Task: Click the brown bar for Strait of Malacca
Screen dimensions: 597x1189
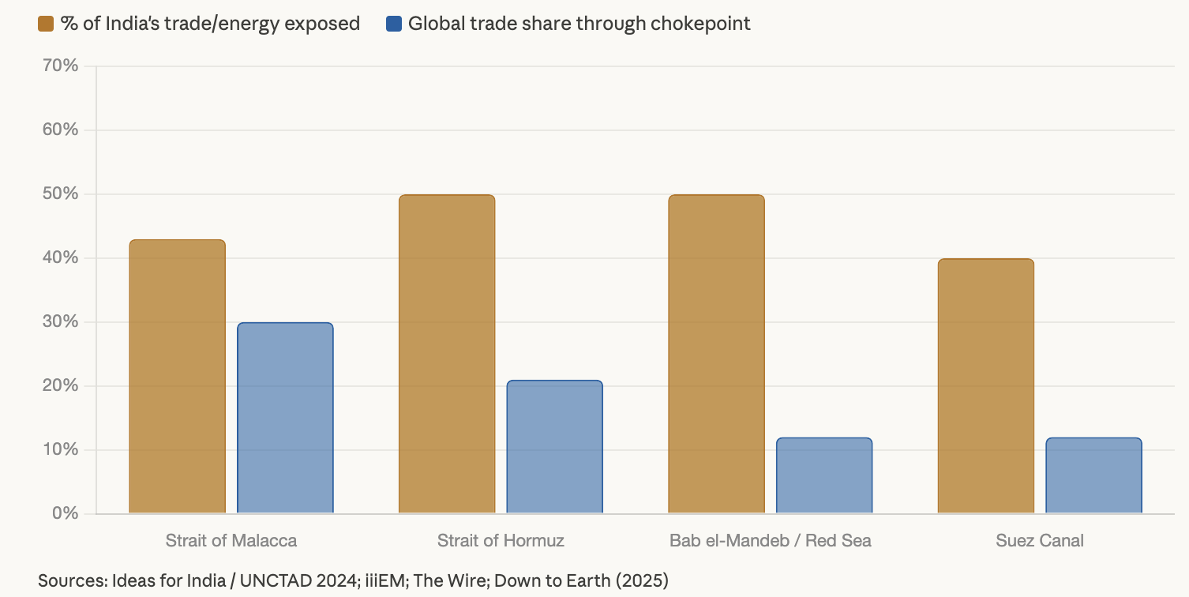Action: pyautogui.click(x=177, y=377)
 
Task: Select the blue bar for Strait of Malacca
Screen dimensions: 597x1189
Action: pyautogui.click(x=285, y=418)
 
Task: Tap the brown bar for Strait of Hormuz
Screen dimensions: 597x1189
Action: pyautogui.click(x=447, y=354)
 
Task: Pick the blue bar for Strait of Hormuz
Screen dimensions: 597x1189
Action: pyautogui.click(x=554, y=447)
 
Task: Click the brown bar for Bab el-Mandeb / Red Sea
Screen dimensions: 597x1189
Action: pyautogui.click(x=716, y=354)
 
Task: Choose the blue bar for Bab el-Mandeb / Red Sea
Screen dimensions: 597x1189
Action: pyautogui.click(x=824, y=475)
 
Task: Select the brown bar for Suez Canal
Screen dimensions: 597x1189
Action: pyautogui.click(x=985, y=386)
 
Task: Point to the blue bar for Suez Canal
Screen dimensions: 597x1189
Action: pyautogui.click(x=1093, y=475)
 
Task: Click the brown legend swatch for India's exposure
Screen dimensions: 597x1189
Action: pyautogui.click(x=46, y=24)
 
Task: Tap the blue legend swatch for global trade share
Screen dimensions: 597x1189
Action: pyautogui.click(x=394, y=24)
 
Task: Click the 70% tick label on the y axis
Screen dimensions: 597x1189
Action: pyautogui.click(x=60, y=66)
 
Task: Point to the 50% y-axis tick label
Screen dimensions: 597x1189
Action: pyautogui.click(x=60, y=194)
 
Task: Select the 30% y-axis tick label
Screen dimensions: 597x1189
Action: pyautogui.click(x=60, y=322)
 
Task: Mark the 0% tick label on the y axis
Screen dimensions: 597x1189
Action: pyautogui.click(x=65, y=513)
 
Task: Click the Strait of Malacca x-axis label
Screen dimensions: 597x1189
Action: pyautogui.click(x=231, y=541)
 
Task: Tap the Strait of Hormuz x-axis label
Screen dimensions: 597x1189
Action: pyautogui.click(x=501, y=541)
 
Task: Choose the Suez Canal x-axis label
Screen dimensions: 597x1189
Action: pyautogui.click(x=1040, y=541)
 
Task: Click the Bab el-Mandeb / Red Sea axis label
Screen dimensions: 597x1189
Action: pyautogui.click(x=771, y=541)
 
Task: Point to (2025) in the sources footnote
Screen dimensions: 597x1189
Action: pyautogui.click(x=641, y=581)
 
